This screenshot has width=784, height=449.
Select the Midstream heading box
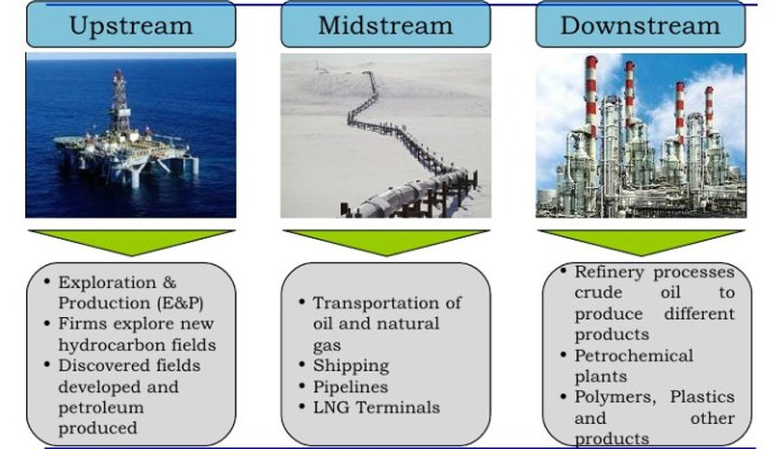pos(385,25)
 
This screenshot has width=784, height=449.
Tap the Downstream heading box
pos(640,25)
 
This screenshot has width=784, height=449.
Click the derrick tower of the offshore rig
pos(120,98)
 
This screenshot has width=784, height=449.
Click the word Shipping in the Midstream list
pos(351,366)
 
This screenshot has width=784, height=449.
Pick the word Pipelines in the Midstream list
pos(351,386)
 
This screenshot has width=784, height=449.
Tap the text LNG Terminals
pos(376,407)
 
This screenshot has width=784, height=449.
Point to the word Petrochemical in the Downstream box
pos(633,355)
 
